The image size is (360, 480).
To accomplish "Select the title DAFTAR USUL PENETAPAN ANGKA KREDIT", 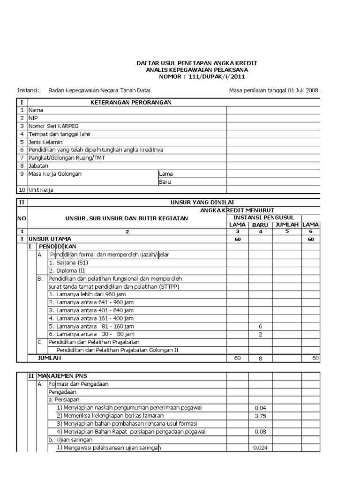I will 196,63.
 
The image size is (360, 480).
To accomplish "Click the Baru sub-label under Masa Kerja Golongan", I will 165,182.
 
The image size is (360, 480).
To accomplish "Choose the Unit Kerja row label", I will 41,190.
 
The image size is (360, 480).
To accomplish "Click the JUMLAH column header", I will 287,225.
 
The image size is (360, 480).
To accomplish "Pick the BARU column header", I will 260,225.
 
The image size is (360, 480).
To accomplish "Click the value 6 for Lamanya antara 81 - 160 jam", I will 260,326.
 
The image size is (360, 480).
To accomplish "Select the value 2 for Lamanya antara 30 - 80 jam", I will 260,334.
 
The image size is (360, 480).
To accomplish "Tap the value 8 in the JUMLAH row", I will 260,358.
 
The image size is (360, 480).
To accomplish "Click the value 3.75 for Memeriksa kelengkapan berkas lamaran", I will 260,416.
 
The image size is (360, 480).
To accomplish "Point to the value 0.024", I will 260,448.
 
